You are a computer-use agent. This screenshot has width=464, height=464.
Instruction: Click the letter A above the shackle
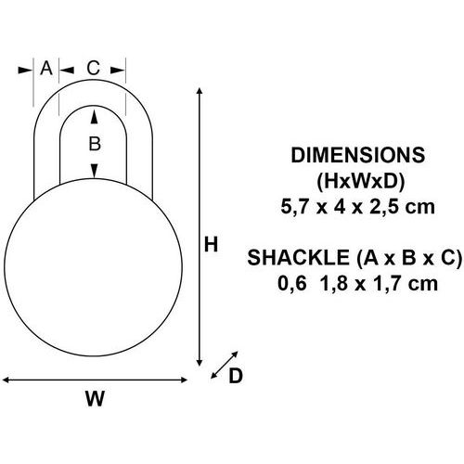[46, 68]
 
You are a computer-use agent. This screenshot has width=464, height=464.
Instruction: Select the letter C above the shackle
[93, 68]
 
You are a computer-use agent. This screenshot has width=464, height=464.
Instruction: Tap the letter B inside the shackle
[95, 144]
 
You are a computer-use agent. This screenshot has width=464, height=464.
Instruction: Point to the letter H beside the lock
[212, 244]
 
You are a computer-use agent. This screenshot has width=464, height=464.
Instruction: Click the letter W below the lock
[95, 398]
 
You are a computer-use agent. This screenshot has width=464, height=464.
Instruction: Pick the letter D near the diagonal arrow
[236, 376]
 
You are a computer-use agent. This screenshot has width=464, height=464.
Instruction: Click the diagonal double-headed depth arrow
[225, 365]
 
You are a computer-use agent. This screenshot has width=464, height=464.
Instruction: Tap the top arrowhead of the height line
[200, 91]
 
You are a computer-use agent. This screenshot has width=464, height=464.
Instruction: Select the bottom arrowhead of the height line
[200, 363]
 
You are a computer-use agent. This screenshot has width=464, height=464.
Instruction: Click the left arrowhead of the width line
[6, 380]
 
